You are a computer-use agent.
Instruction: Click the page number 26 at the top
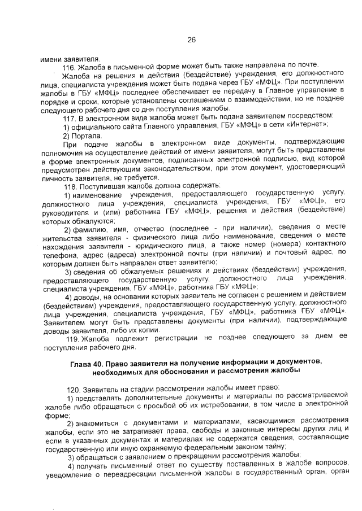[x=191, y=40]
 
